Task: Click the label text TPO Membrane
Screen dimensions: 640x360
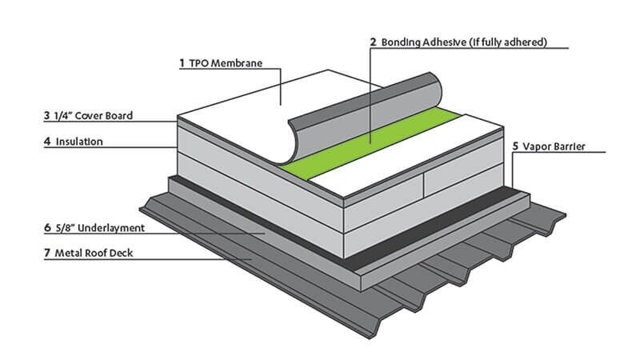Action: click(226, 63)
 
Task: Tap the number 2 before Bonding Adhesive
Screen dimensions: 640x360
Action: click(373, 42)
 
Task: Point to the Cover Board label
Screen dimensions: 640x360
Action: click(104, 115)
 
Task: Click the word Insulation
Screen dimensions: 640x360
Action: click(79, 142)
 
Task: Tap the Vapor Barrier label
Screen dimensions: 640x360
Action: click(554, 146)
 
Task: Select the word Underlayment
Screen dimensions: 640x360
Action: click(111, 228)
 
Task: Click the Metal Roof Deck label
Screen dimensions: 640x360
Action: click(94, 253)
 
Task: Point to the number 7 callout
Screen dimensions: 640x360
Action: click(47, 253)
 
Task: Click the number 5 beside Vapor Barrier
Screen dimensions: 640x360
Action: click(515, 146)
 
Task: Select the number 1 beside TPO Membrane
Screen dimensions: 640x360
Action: click(182, 63)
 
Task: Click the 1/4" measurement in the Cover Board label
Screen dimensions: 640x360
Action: click(63, 115)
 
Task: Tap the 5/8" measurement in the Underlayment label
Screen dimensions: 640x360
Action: click(65, 228)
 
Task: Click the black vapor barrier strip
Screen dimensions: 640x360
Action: click(429, 226)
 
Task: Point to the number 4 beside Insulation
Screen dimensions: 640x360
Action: click(47, 142)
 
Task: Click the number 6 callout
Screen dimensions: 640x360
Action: click(47, 228)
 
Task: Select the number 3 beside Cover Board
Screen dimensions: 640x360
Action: click(47, 115)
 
